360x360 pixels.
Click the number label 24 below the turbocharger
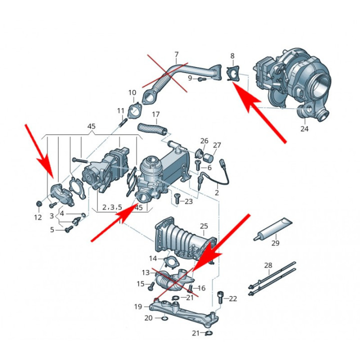[304, 129]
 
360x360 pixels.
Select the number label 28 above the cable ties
[269, 265]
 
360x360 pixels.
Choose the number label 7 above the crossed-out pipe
[176, 54]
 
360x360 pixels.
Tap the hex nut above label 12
[38, 203]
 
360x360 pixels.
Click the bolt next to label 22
[220, 297]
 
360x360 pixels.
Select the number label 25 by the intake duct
[203, 226]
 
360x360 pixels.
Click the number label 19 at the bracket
[138, 306]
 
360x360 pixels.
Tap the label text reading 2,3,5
[112, 206]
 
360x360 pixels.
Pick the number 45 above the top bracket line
[91, 126]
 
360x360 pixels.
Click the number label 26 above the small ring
[204, 141]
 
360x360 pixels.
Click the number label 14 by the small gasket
[153, 258]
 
